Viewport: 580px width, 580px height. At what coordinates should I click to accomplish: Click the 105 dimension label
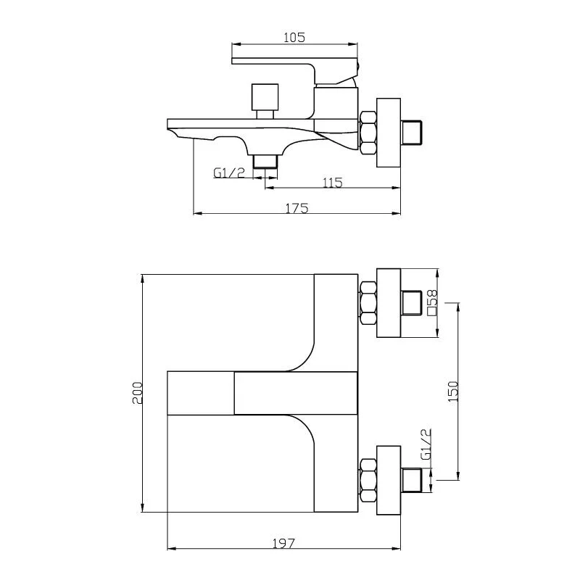tap(294, 38)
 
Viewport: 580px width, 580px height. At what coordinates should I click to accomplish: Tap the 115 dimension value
tap(333, 183)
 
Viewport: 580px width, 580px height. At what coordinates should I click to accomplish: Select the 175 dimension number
tap(297, 209)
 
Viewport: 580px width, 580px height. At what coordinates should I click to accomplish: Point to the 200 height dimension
tap(138, 393)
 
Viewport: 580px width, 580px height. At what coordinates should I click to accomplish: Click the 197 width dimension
tap(283, 543)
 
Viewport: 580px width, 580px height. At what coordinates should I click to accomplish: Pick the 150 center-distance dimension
tap(453, 391)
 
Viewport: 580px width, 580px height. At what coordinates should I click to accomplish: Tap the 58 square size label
tap(432, 302)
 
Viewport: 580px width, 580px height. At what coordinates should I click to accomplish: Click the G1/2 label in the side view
tap(229, 173)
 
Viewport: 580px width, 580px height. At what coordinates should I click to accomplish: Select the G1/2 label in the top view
tap(426, 444)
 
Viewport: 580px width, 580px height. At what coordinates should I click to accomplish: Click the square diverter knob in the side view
tap(265, 97)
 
